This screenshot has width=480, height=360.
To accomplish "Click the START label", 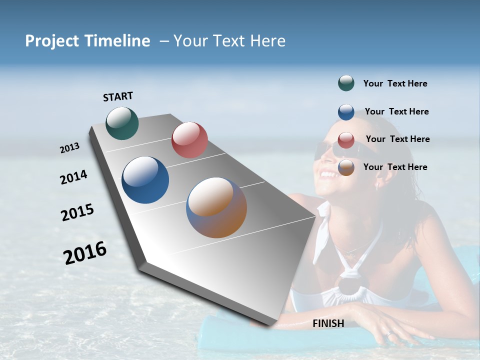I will coord(118,96).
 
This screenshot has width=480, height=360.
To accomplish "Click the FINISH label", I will coord(328,323).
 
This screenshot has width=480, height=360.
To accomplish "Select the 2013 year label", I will coord(69,148).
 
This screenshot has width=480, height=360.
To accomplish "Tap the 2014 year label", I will coord(73,177).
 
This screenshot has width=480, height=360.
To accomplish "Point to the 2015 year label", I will coord(77,212).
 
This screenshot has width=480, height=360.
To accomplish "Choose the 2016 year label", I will coord(85,253).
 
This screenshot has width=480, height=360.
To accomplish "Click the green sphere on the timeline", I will coord(122,123).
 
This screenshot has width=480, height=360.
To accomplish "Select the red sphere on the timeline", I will coord(189,140).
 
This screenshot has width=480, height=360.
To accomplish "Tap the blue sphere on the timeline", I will coord(145,180).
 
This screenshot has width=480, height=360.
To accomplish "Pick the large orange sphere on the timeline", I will coord(216,207).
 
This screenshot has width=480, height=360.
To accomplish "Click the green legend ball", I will coord(346,83).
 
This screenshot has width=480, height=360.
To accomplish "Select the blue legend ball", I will coord(346,112).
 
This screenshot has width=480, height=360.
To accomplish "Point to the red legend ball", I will coord(346,140).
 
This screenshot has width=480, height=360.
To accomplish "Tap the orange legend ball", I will coord(346,167).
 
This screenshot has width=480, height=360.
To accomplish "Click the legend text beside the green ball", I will coord(395,83).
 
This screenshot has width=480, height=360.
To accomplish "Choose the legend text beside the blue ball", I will coord(396,111).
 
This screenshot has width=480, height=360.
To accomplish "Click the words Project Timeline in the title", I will coord(87,41).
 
